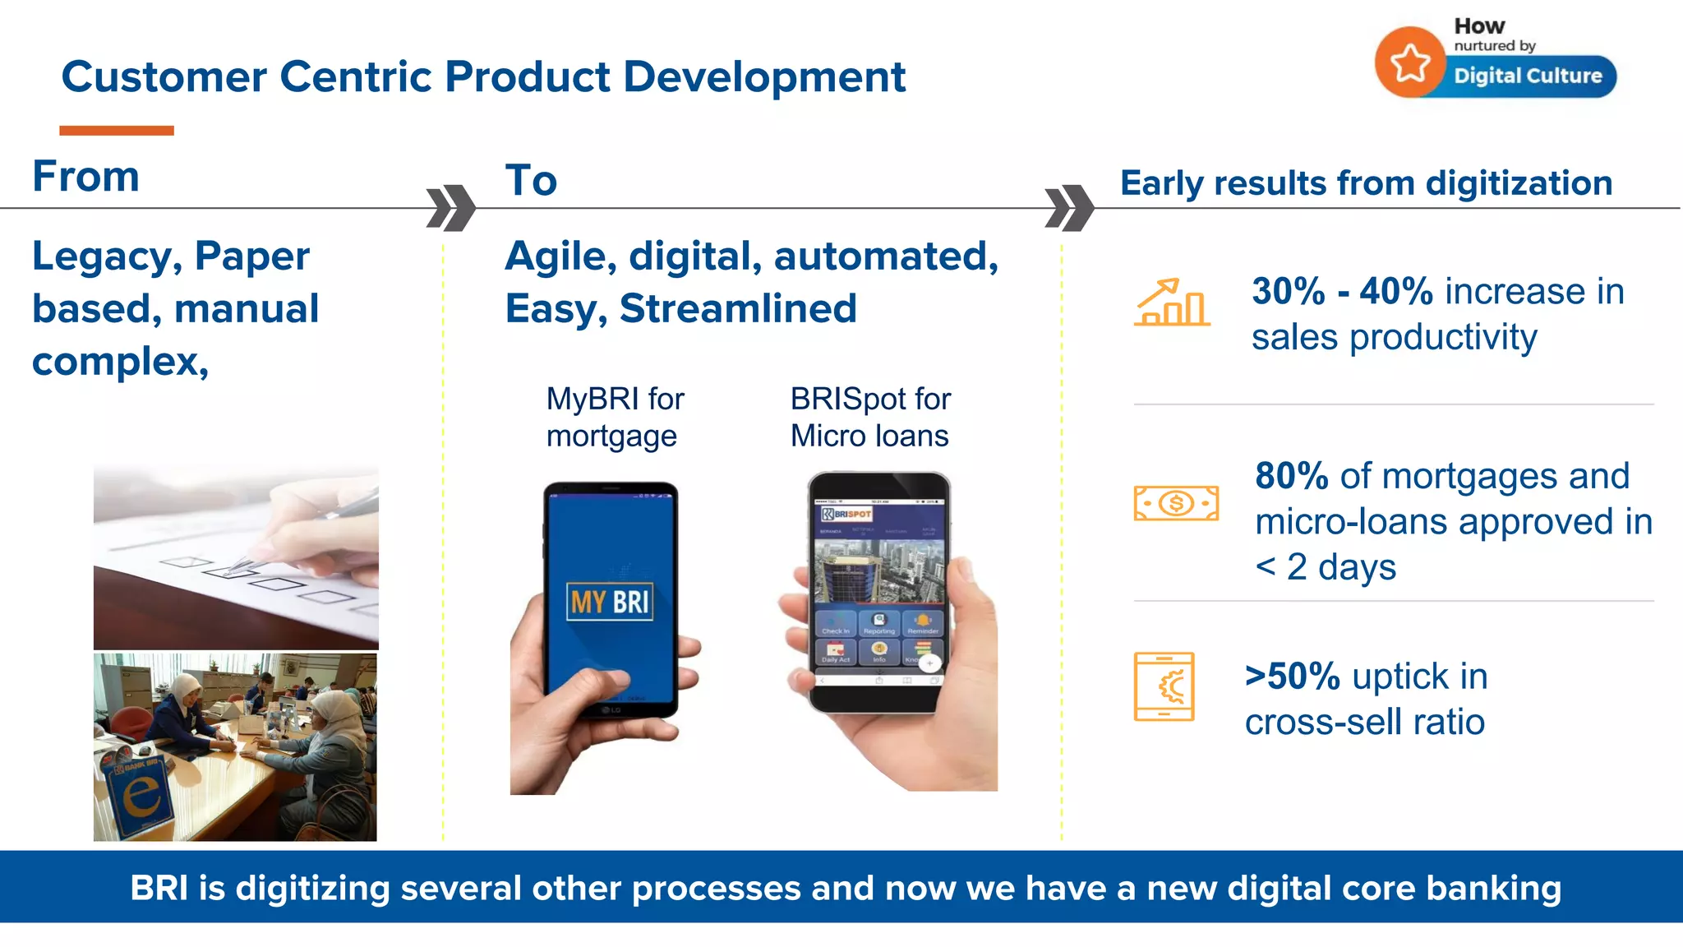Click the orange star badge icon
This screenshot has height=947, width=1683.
pyautogui.click(x=1410, y=63)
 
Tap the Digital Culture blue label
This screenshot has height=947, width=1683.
pyautogui.click(x=1528, y=76)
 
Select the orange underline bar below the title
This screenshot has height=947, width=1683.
pyautogui.click(x=117, y=131)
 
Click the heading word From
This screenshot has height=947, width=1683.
pyautogui.click(x=85, y=177)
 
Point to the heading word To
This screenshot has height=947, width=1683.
pyautogui.click(x=531, y=181)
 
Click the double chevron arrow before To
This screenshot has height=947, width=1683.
pyautogui.click(x=451, y=207)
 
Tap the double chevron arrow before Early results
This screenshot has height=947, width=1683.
pyautogui.click(x=1069, y=207)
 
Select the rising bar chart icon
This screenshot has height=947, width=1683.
pyautogui.click(x=1172, y=303)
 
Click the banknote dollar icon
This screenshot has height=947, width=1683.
pyautogui.click(x=1176, y=503)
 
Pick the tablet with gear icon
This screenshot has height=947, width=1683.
pyautogui.click(x=1164, y=686)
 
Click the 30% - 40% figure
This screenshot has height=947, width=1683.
pyautogui.click(x=1342, y=292)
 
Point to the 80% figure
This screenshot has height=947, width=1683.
pyautogui.click(x=1291, y=477)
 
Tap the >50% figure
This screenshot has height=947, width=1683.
pyautogui.click(x=1292, y=677)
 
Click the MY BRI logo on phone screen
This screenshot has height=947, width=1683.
pyautogui.click(x=610, y=602)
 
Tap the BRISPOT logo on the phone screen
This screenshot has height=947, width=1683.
pyautogui.click(x=846, y=514)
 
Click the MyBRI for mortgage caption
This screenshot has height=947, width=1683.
pyautogui.click(x=615, y=418)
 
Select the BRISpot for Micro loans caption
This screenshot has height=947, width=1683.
pyautogui.click(x=869, y=418)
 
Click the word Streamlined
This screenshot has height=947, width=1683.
pyautogui.click(x=738, y=309)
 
